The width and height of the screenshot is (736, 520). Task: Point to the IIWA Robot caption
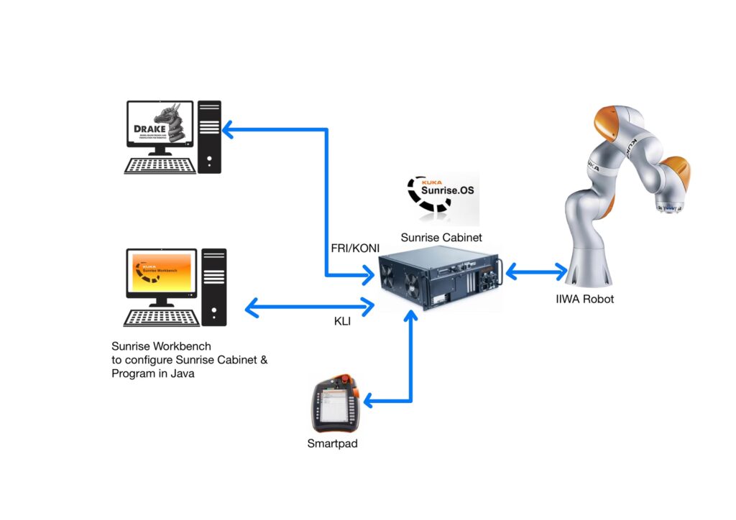[584, 299]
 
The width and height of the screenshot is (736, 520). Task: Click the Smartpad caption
[332, 444]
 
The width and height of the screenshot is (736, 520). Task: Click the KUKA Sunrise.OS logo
[439, 196]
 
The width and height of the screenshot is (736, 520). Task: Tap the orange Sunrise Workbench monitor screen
[161, 273]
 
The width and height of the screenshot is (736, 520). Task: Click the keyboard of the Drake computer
[160, 165]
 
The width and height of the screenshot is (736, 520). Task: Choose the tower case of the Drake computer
[209, 136]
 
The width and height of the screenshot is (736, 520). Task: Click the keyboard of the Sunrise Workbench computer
[161, 317]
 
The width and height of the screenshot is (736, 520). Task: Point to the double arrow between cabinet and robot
[536, 272]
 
